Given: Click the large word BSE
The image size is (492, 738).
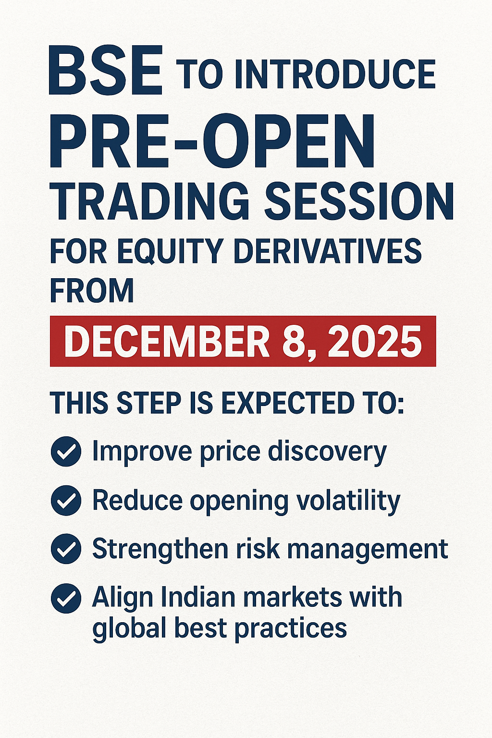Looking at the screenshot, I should click(106, 71).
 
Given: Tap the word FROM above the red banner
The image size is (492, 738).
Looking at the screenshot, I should click(92, 291).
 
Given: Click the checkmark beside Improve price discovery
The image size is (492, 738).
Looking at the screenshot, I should click(66, 452).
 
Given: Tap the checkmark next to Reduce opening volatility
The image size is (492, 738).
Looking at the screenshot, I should click(66, 501).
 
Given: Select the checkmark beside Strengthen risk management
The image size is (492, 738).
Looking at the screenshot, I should click(66, 549).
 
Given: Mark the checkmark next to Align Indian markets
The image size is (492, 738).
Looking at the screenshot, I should click(66, 598).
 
